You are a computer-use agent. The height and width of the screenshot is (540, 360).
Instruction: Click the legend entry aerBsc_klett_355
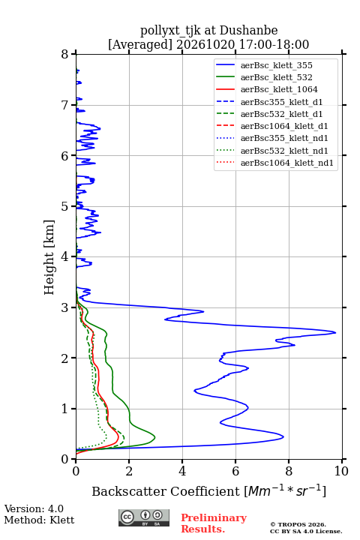point(276,65)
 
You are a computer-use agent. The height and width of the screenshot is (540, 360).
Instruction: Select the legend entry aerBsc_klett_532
point(276,77)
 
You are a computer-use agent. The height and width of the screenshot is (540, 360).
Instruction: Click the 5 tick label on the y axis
point(65,206)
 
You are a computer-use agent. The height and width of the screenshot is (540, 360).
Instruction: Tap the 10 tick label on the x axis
point(341,471)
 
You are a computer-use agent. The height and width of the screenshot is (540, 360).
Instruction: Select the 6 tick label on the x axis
point(235,471)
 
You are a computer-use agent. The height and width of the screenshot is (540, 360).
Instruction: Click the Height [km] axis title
point(49,257)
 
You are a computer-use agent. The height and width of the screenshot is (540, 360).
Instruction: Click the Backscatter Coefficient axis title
point(208,490)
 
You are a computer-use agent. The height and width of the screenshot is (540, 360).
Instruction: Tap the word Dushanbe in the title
point(248,30)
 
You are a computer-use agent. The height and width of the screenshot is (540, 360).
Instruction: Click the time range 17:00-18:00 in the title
point(274,44)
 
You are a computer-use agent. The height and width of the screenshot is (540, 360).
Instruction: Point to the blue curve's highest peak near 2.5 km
point(335,332)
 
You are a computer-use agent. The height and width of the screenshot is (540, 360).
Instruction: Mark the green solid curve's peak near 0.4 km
point(154,437)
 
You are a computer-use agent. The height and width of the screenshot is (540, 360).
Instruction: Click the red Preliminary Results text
point(214,523)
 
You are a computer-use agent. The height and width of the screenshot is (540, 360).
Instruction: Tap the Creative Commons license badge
point(144,517)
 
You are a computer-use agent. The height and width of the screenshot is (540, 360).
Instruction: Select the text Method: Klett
point(39,520)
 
